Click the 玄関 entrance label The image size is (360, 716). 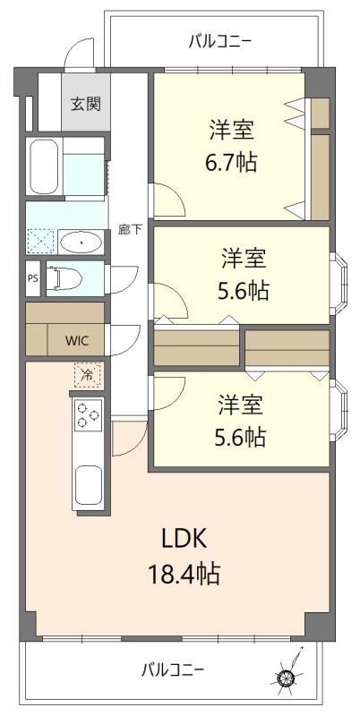click(86, 103)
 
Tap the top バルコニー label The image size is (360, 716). click(219, 40)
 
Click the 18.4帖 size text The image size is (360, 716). click(184, 573)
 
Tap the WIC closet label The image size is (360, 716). click(76, 340)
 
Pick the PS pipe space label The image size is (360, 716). click(32, 278)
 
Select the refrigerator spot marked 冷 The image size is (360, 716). click(88, 374)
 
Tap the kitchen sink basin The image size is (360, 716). click(88, 485)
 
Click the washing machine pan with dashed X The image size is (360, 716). click(40, 241)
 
